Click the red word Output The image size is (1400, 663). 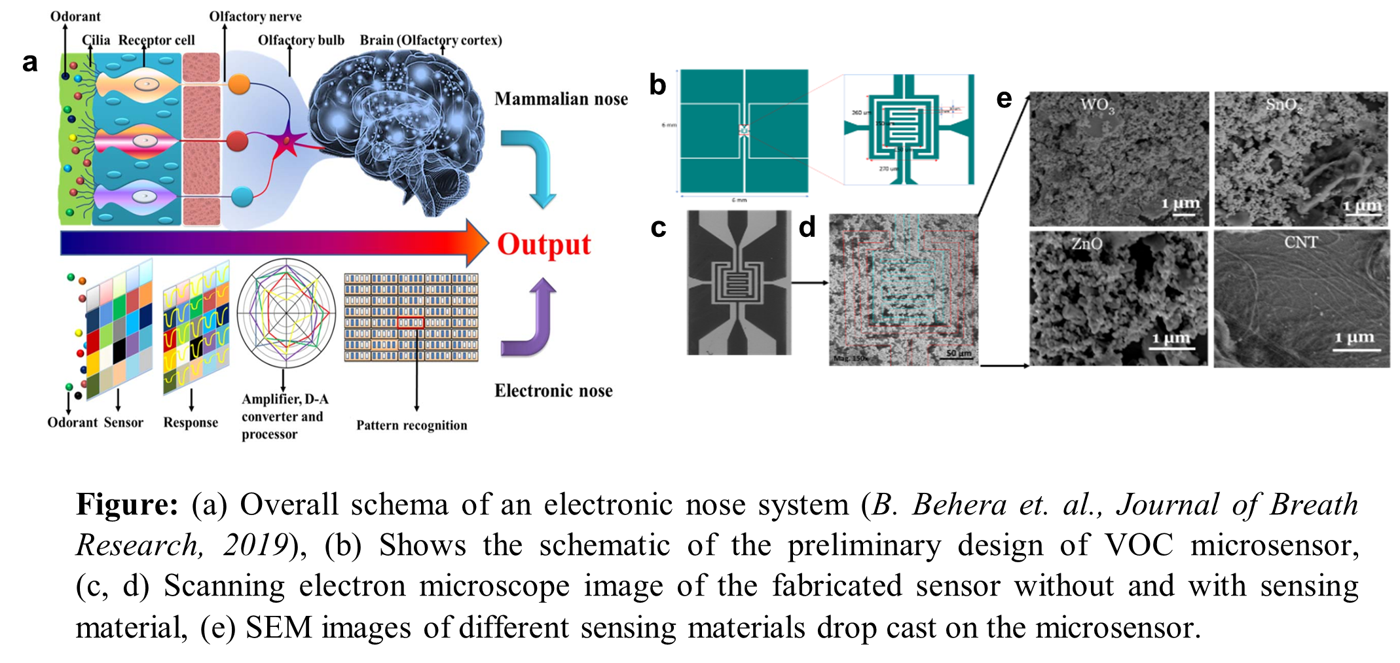point(543,245)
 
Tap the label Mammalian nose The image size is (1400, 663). point(561,99)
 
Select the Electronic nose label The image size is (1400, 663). point(553,391)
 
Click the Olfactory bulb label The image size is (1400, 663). point(301,40)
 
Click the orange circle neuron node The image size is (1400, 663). point(239,84)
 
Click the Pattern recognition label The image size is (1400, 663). point(411,425)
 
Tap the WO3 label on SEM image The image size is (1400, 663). point(1097,105)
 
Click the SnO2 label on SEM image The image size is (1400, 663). point(1283,105)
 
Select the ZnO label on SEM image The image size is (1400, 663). point(1087,244)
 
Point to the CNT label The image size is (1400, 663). point(1300,242)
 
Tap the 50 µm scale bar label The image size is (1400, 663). point(959,353)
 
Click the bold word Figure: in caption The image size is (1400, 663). point(127,505)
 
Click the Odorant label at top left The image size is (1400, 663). point(75,16)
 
